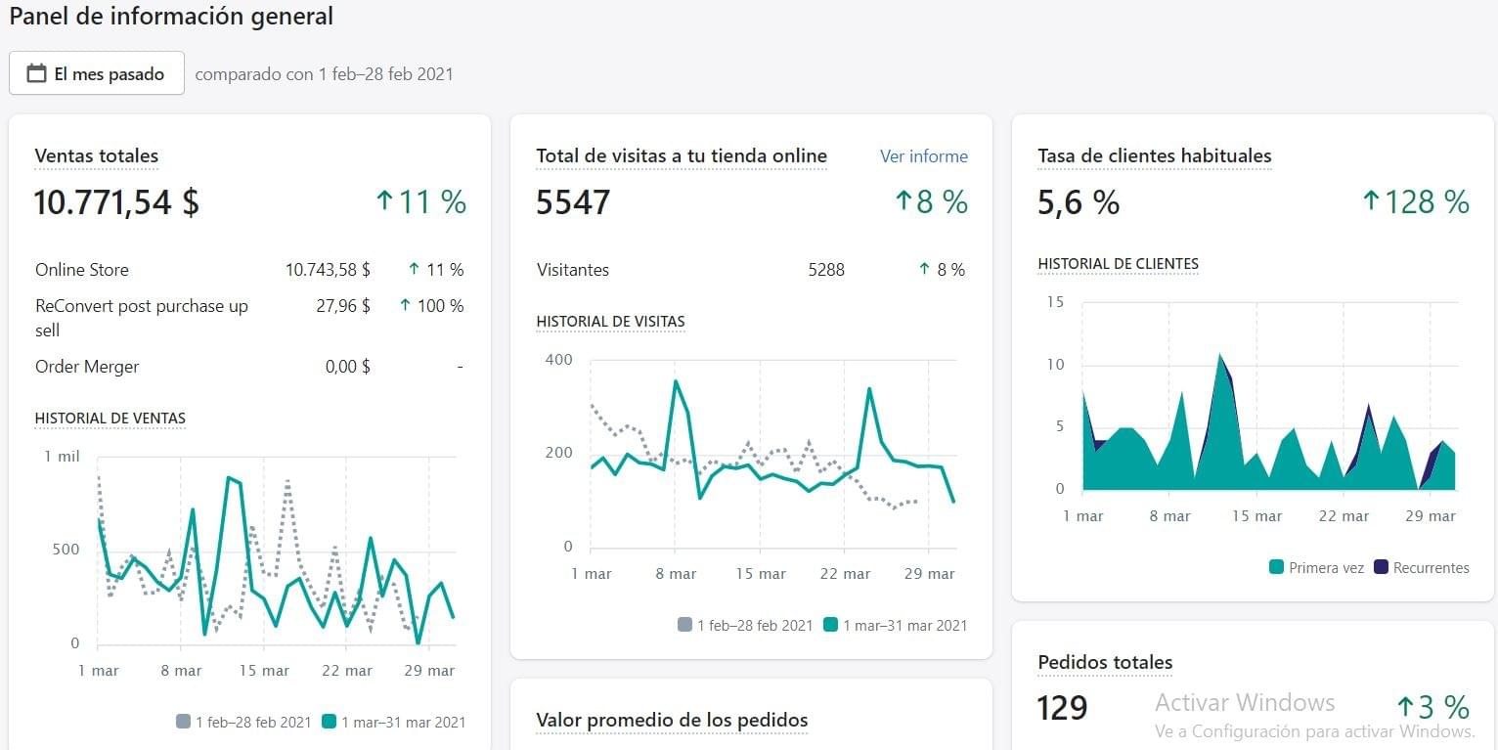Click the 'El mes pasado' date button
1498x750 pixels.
tap(97, 74)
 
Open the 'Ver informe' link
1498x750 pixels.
tap(923, 156)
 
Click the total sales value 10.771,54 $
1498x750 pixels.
tap(116, 202)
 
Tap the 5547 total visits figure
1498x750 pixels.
tap(573, 202)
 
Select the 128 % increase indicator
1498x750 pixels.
tap(1416, 202)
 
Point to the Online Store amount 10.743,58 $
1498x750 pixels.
tap(328, 270)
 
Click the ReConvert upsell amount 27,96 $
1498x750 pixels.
tap(343, 306)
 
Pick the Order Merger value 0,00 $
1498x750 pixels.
tap(347, 367)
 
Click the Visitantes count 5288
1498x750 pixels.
tap(826, 270)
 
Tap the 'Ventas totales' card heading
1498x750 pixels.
tap(96, 156)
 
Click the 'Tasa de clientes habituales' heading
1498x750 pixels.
tap(1154, 156)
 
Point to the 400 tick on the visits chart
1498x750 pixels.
tap(558, 360)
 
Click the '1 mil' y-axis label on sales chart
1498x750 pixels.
tap(62, 457)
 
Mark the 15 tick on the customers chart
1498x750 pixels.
tap(1054, 302)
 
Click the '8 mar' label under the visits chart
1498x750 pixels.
tap(676, 574)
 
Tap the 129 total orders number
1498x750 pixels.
tap(1062, 707)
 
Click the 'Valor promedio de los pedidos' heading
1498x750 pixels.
tap(672, 721)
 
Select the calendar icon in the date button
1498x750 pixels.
tap(36, 74)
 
